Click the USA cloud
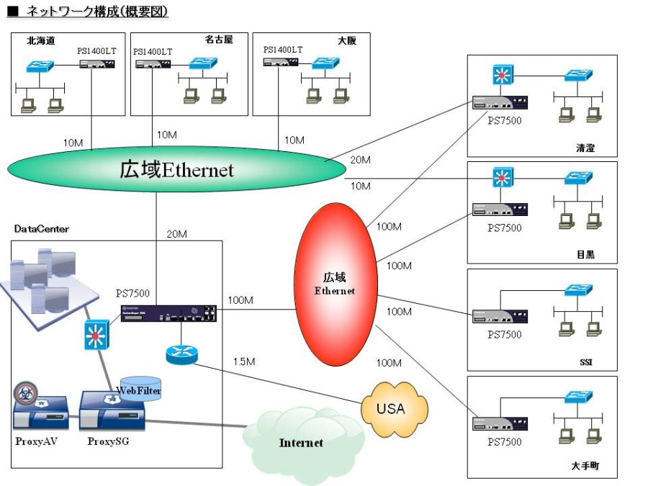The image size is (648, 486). (391, 410)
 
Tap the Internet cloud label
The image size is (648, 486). (301, 443)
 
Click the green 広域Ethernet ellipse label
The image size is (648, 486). (176, 170)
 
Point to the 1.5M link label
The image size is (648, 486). (244, 361)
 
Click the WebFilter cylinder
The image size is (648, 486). (140, 390)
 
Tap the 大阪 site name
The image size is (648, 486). (347, 41)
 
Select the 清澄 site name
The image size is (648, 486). (585, 149)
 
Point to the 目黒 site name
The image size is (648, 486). (585, 255)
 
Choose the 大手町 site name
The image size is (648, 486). (585, 466)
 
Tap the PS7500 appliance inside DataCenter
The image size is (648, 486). (168, 312)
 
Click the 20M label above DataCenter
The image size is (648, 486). (177, 233)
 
